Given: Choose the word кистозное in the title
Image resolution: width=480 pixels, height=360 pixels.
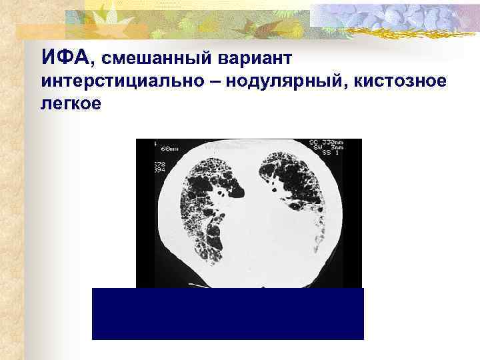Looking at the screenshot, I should pos(411,82).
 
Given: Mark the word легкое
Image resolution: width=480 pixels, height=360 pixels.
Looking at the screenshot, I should pos(71,104).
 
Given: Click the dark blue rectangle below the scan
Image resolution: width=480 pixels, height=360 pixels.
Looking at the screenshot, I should pos(227,313).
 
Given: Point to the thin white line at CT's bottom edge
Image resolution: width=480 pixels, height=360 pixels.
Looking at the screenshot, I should pos(200,286).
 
